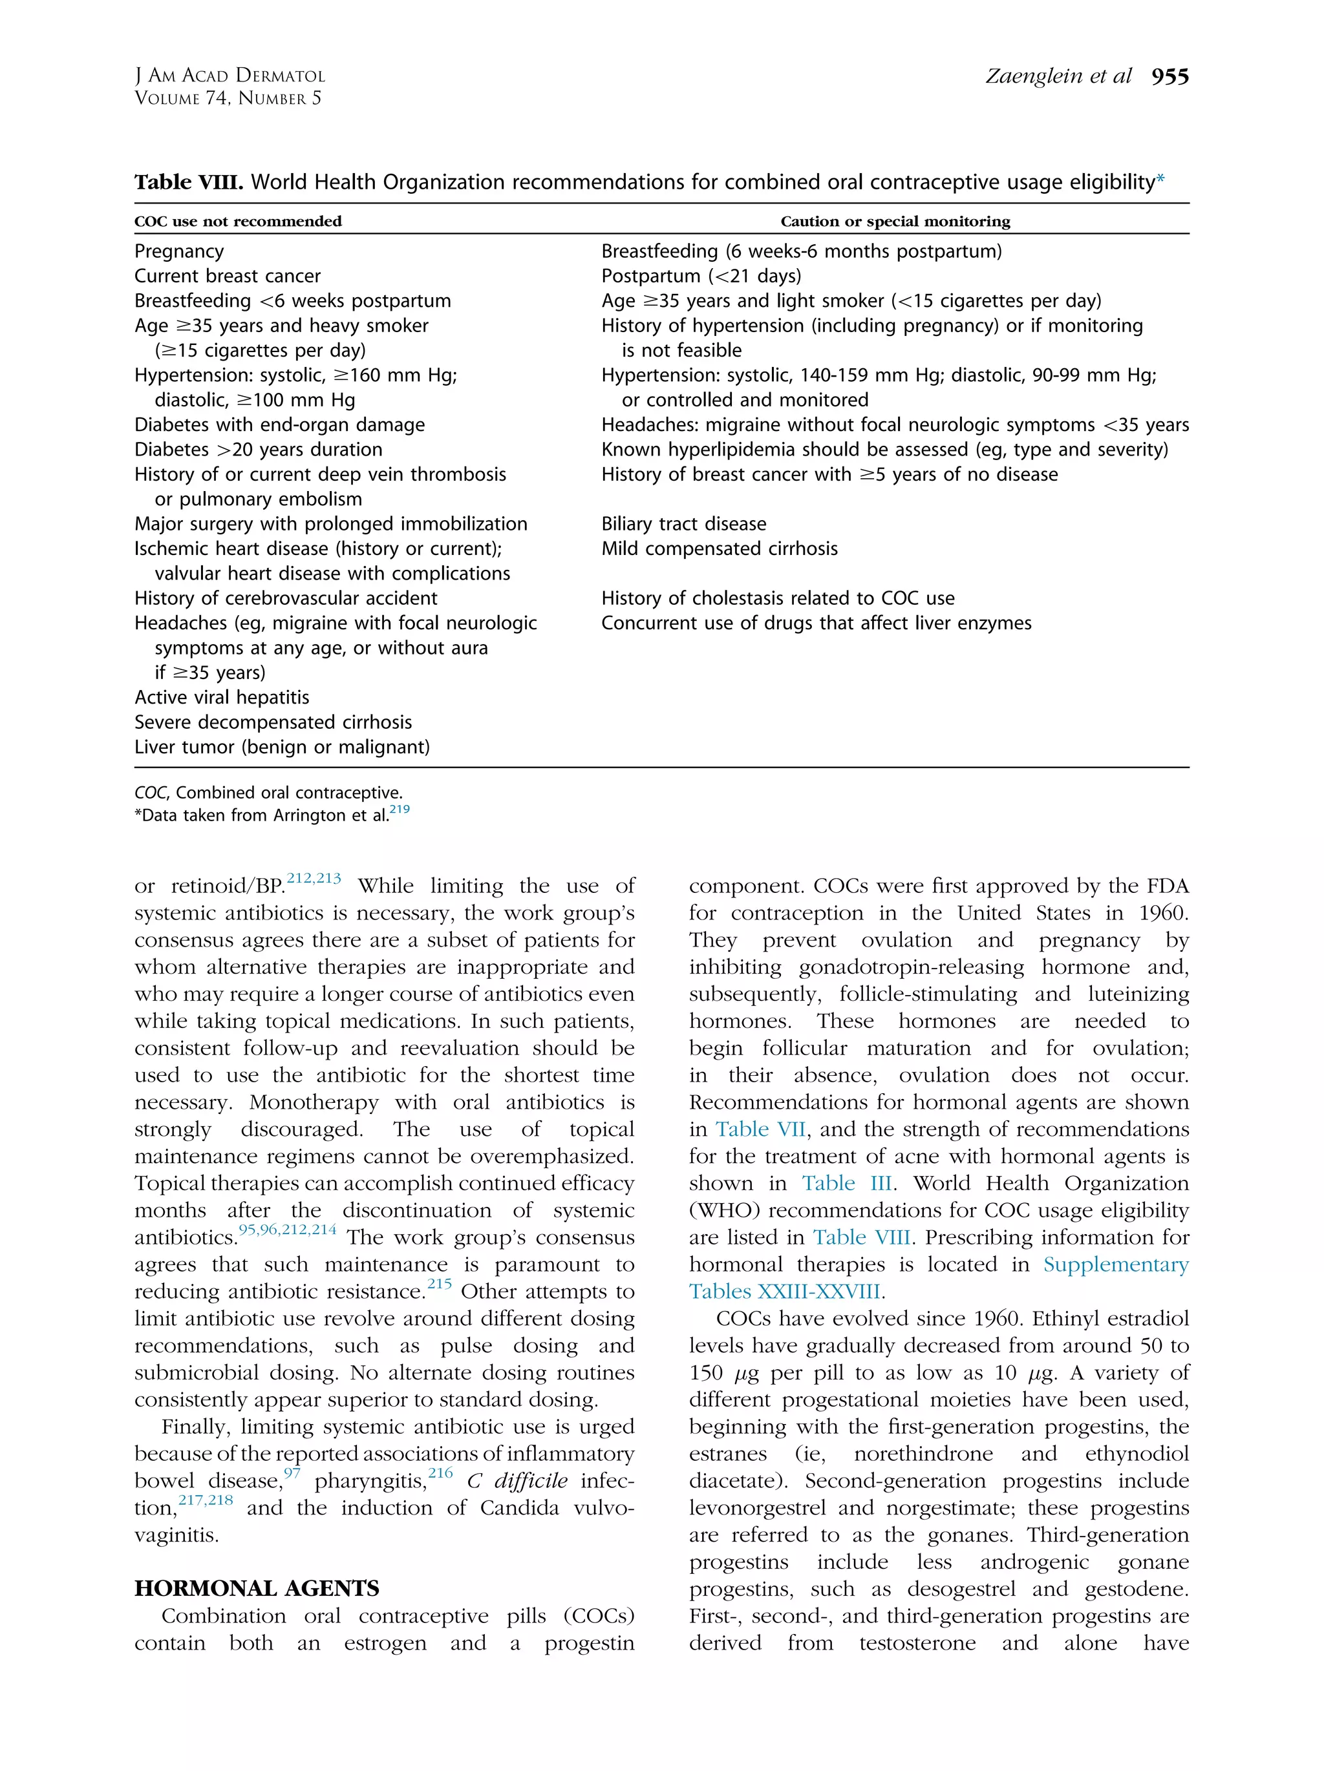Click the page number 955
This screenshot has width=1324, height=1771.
pyautogui.click(x=1169, y=77)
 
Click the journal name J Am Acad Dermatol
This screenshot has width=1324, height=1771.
pyautogui.click(x=230, y=76)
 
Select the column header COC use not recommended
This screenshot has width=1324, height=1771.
pyautogui.click(x=238, y=221)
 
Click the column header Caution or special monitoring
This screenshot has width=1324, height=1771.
pyautogui.click(x=895, y=221)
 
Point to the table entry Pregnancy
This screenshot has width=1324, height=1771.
pyautogui.click(x=180, y=251)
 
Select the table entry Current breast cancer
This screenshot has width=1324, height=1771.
pyautogui.click(x=228, y=277)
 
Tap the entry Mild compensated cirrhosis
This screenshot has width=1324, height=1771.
pyautogui.click(x=720, y=549)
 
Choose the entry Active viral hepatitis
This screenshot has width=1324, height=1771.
pyautogui.click(x=222, y=697)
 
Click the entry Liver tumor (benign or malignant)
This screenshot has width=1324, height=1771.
pyautogui.click(x=282, y=747)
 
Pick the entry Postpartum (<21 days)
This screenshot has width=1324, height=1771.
pyautogui.click(x=701, y=277)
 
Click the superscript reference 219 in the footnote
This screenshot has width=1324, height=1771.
pyautogui.click(x=399, y=810)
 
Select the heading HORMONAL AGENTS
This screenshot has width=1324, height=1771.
pyautogui.click(x=256, y=1588)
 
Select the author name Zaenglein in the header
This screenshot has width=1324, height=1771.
pyautogui.click(x=1033, y=77)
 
